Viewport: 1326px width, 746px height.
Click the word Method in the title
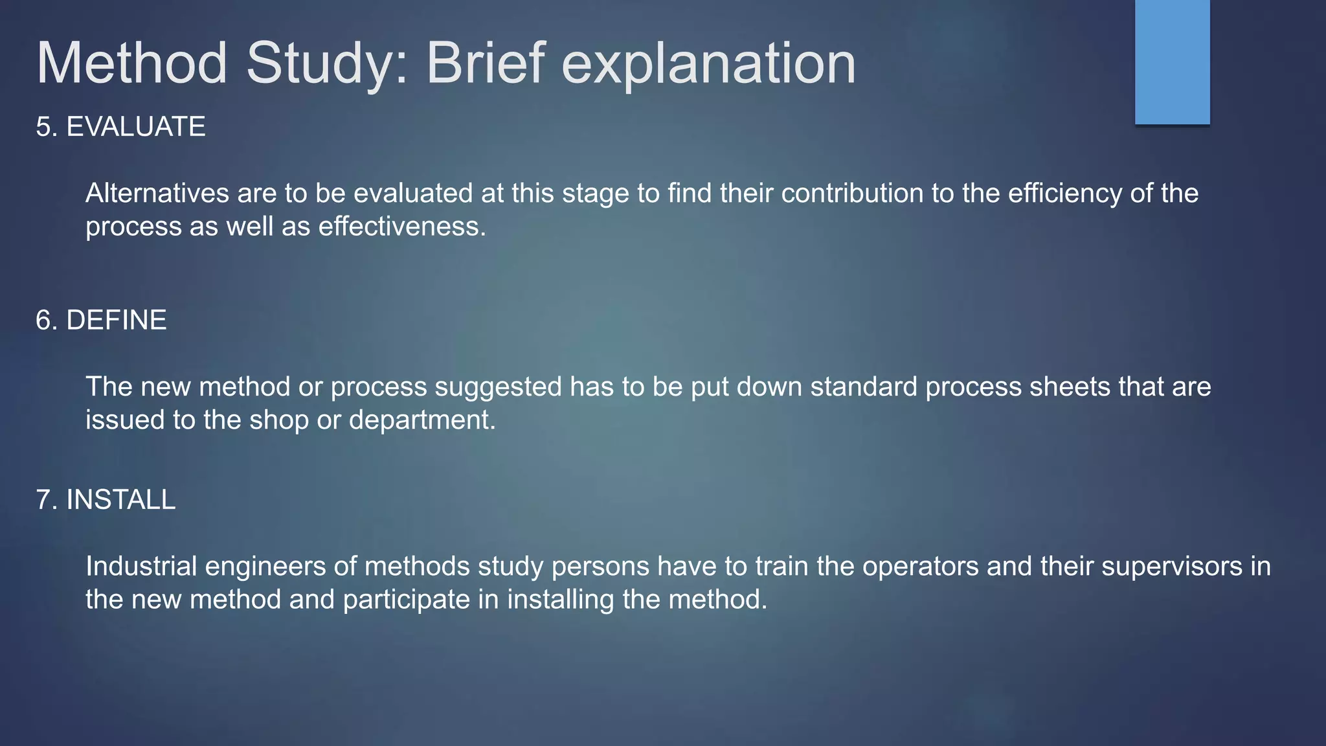point(131,63)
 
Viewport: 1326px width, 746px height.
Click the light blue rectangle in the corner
point(1172,62)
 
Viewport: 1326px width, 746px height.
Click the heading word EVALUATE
point(136,126)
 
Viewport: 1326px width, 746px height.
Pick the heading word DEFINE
point(117,320)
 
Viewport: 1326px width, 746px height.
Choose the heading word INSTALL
point(121,500)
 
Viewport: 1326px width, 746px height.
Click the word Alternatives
point(157,193)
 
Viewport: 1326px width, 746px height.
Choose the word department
point(421,420)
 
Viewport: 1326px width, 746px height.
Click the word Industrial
point(141,566)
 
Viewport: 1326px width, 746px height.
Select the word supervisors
point(1172,566)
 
